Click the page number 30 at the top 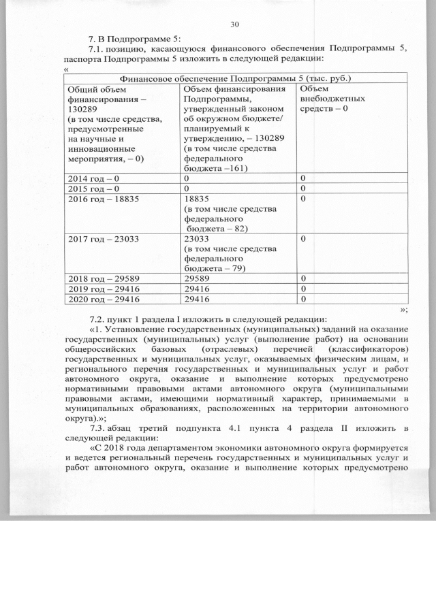tap(235, 24)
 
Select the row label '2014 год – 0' tap(91, 178)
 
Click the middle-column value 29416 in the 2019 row tap(198, 289)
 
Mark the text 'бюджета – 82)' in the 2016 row tap(216, 229)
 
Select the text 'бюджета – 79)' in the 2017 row tap(216, 269)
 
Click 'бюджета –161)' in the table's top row tap(216, 167)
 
